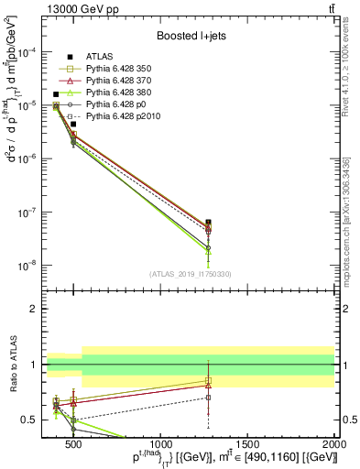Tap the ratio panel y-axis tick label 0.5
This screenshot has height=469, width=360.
point(30,420)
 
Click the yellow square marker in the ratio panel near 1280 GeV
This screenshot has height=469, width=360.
point(209,381)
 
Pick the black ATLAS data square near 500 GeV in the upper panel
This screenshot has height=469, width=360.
point(73,124)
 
